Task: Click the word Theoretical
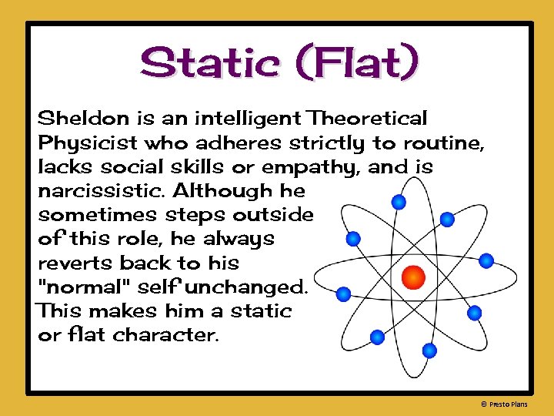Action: (x=369, y=119)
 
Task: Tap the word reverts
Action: (x=75, y=263)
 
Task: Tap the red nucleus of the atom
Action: (x=414, y=275)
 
